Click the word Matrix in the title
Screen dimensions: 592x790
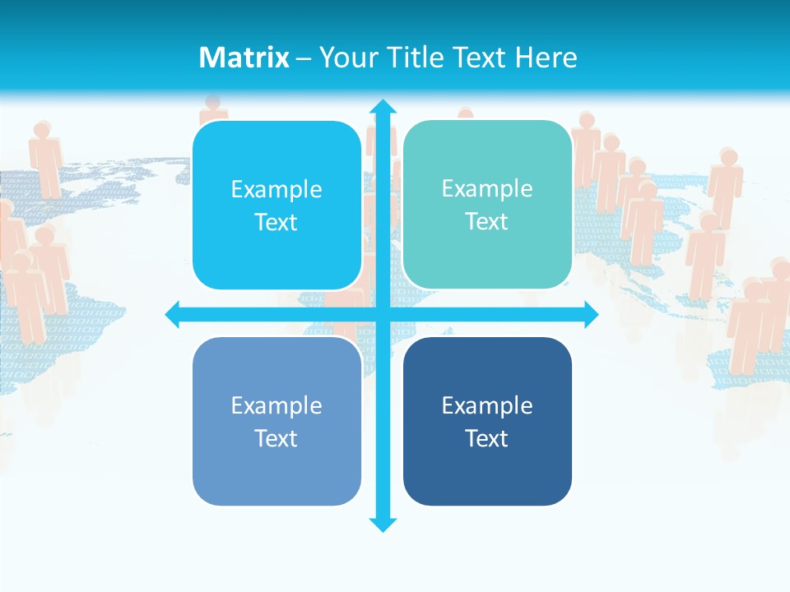pyautogui.click(x=244, y=58)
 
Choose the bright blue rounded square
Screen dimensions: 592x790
pyautogui.click(x=276, y=206)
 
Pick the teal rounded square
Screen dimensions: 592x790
pyautogui.click(x=487, y=205)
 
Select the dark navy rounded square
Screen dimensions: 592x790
pyautogui.click(x=487, y=422)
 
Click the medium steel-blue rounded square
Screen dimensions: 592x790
pyautogui.click(x=276, y=422)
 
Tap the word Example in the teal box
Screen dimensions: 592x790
pyautogui.click(x=487, y=189)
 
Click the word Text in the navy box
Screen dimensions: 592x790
pyautogui.click(x=487, y=438)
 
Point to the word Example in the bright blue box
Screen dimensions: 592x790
pyautogui.click(x=276, y=190)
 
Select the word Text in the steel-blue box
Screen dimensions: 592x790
pyautogui.click(x=276, y=438)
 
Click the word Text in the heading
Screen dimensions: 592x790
pyautogui.click(x=480, y=58)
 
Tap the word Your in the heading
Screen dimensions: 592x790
pyautogui.click(x=346, y=58)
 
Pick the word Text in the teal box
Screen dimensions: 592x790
pyautogui.click(x=487, y=222)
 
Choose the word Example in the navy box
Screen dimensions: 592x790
pyautogui.click(x=487, y=405)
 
